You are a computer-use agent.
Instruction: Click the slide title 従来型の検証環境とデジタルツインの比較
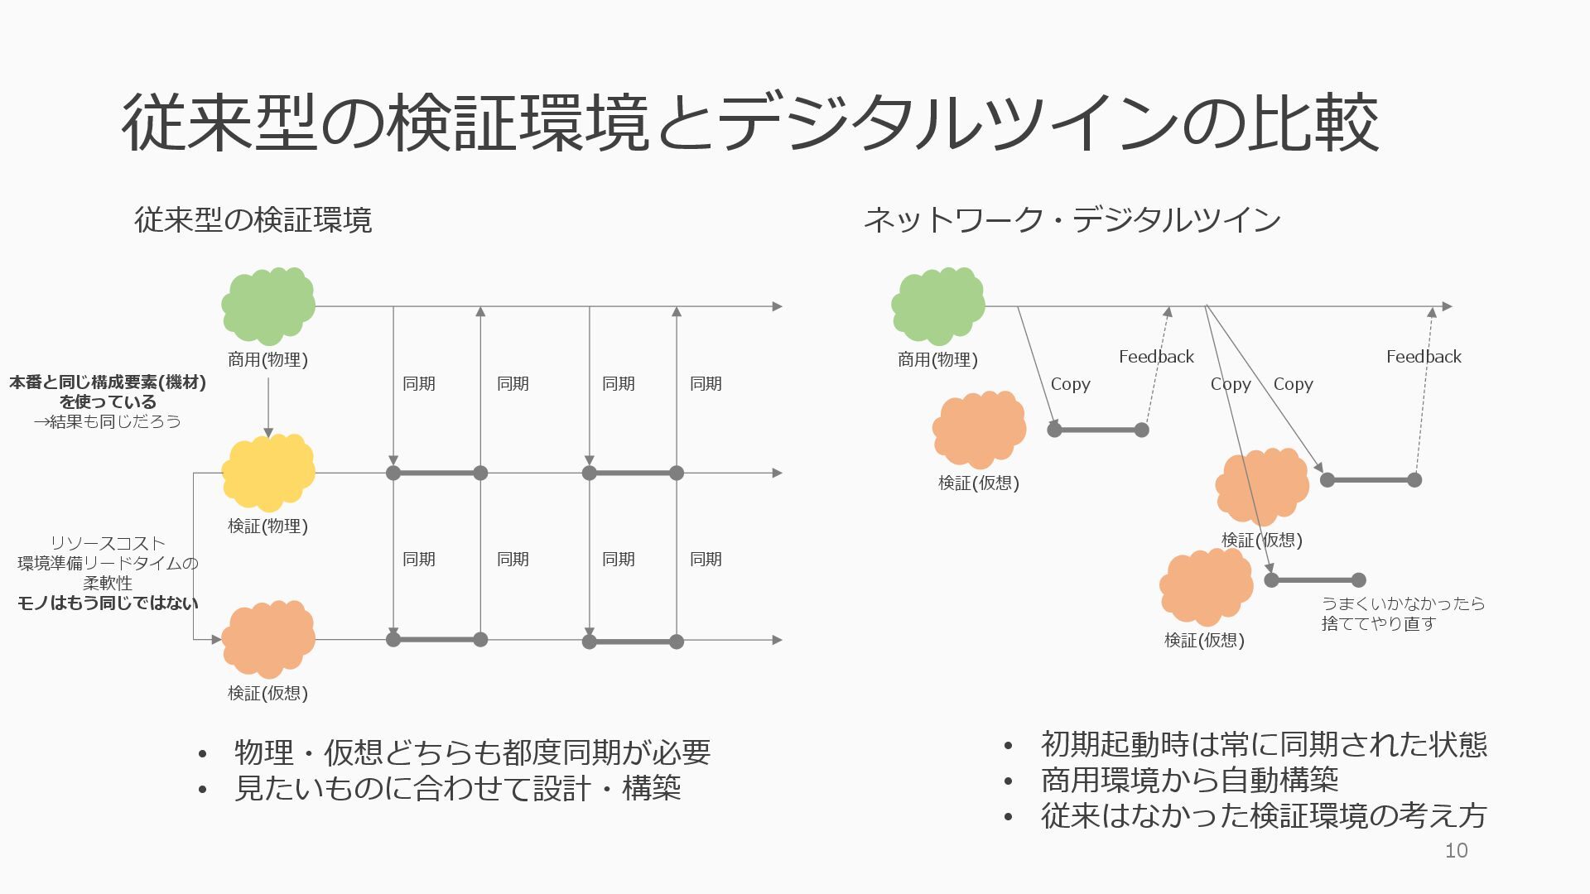tap(749, 123)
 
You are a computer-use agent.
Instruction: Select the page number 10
tap(1456, 850)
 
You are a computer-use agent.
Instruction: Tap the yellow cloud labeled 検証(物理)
tap(268, 473)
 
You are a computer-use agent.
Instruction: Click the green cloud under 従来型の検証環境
tap(268, 306)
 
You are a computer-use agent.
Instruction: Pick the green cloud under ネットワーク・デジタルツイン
tap(938, 306)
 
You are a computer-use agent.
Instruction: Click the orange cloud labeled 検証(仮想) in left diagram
tap(268, 639)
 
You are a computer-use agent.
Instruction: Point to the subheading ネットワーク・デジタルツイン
tap(1072, 220)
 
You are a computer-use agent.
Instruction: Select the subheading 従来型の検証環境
tap(253, 220)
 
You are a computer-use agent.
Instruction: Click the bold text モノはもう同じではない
tap(108, 603)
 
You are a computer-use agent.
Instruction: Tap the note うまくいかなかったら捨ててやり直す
tap(1402, 613)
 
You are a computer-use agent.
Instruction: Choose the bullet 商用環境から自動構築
tap(1189, 780)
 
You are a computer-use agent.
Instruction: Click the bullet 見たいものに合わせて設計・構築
tap(457, 788)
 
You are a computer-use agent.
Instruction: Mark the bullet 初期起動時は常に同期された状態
tap(1264, 744)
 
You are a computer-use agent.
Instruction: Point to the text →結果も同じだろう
tap(107, 421)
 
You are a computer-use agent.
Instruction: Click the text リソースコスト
tap(108, 543)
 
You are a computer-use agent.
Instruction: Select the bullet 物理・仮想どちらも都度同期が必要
tap(472, 752)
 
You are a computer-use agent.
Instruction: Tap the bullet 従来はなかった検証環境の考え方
tap(1264, 816)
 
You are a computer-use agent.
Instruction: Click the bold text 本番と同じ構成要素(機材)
tap(108, 382)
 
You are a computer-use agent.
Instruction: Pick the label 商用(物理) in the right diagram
tap(937, 360)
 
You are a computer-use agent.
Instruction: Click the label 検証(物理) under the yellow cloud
tap(267, 526)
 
